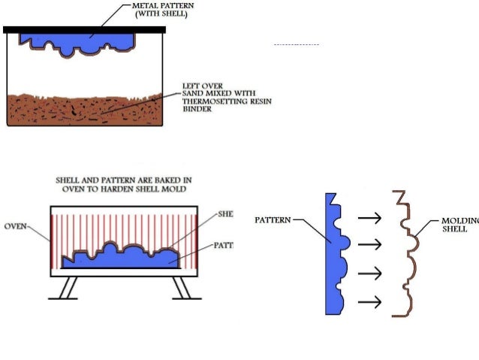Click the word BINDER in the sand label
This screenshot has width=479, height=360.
pos(197,108)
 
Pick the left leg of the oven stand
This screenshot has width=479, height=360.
pos(67,288)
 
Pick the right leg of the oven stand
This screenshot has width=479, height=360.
pos(181,288)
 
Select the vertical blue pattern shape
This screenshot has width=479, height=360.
pos(333,256)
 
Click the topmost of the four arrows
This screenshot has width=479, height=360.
pos(369,217)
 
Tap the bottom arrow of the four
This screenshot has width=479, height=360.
pos(369,302)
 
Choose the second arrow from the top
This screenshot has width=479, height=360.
pos(369,245)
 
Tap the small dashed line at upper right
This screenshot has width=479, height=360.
pos(296,46)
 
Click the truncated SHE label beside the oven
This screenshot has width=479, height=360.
pos(225,214)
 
